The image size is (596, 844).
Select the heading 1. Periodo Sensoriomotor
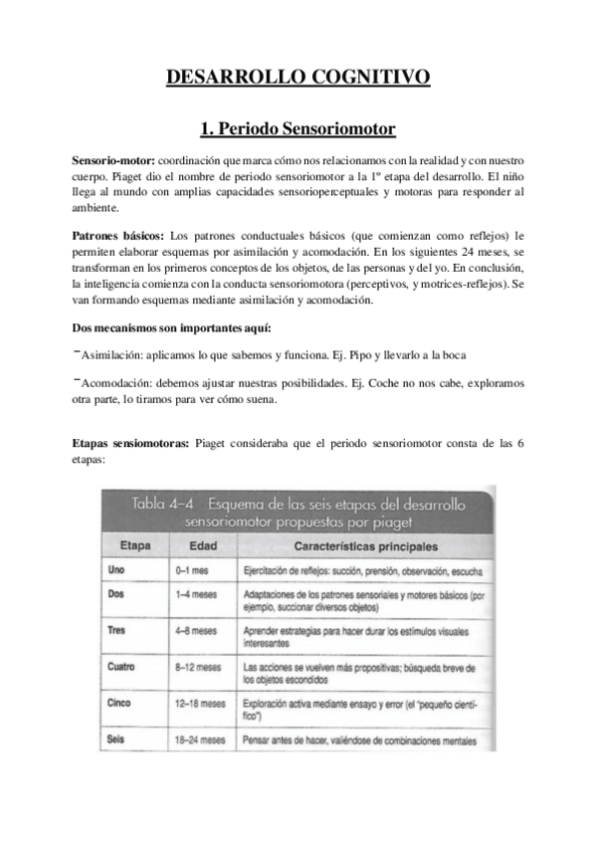[298, 128]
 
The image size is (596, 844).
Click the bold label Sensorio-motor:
[113, 160]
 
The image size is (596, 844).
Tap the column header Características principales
[365, 546]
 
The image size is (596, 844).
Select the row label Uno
[116, 571]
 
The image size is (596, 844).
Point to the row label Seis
[116, 739]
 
